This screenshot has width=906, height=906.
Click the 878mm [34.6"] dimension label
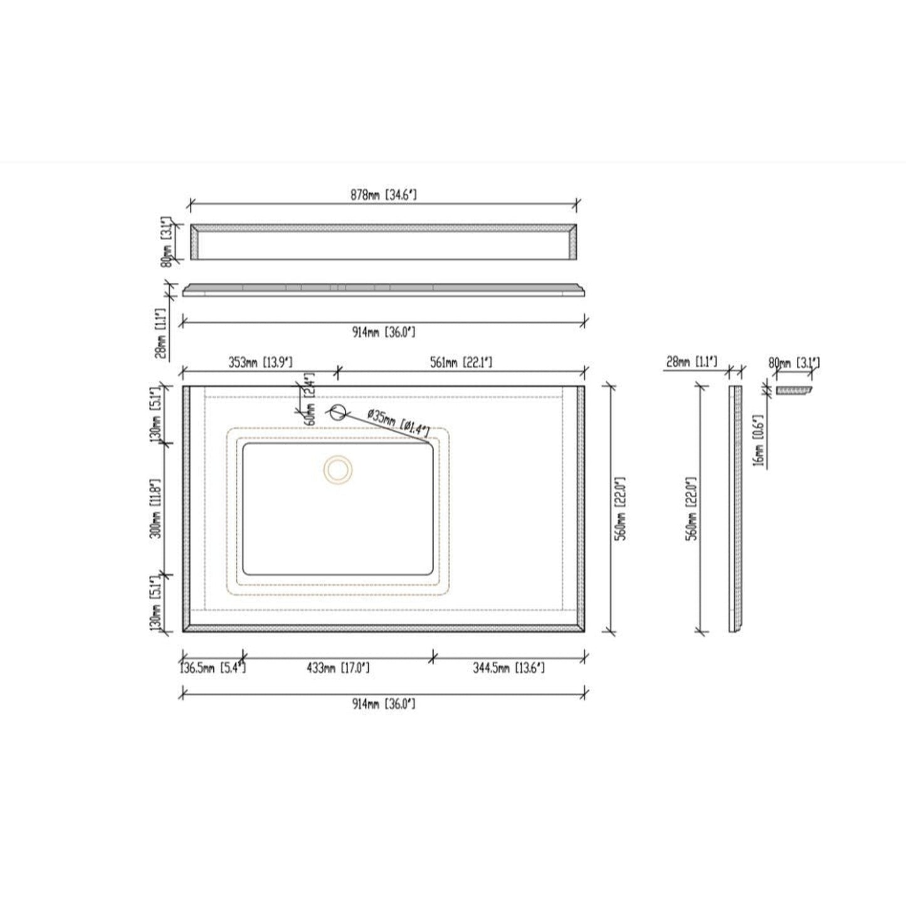pyautogui.click(x=383, y=195)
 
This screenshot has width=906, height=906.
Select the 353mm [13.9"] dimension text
pyautogui.click(x=260, y=362)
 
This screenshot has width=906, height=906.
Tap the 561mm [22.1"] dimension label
pyautogui.click(x=461, y=362)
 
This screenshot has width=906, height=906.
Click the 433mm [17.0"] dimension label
pyautogui.click(x=337, y=668)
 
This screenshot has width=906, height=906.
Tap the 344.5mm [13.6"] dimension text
pyautogui.click(x=508, y=668)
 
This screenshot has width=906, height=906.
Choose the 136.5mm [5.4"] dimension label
pyautogui.click(x=213, y=668)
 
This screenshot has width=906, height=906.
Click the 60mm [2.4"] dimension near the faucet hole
pyautogui.click(x=308, y=399)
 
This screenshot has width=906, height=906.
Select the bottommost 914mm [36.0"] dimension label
pyautogui.click(x=383, y=704)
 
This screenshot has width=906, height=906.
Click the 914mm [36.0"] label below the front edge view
pyautogui.click(x=383, y=332)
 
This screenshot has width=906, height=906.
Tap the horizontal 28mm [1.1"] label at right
pyautogui.click(x=692, y=362)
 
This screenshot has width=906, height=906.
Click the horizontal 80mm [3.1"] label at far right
pyautogui.click(x=793, y=362)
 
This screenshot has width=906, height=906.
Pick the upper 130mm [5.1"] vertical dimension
pyautogui.click(x=157, y=414)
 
